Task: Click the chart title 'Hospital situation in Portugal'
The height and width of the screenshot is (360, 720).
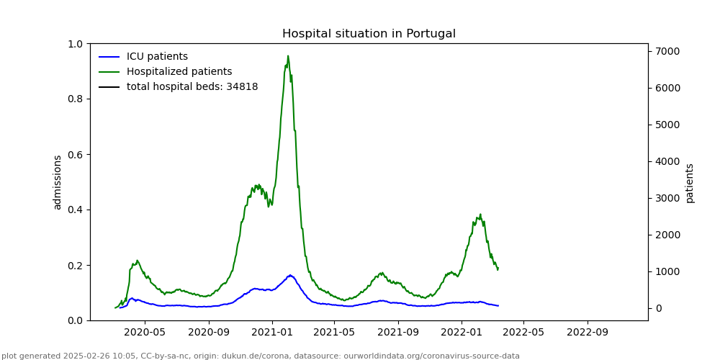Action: click(x=369, y=34)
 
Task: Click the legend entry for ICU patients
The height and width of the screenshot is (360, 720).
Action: click(x=157, y=57)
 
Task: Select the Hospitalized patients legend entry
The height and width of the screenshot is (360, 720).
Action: click(x=179, y=72)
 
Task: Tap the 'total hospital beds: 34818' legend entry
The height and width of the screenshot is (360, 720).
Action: click(x=192, y=87)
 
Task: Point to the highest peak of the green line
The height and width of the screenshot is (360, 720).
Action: click(x=288, y=56)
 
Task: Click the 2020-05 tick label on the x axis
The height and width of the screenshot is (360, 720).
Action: click(x=145, y=333)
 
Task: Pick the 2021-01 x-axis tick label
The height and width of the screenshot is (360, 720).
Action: click(x=272, y=333)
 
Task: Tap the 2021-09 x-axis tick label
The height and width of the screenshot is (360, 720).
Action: click(x=398, y=333)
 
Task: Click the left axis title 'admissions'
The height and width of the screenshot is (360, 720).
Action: click(x=58, y=182)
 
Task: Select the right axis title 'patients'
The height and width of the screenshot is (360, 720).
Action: click(x=690, y=183)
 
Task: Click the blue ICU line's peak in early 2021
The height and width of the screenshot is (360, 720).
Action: click(x=290, y=275)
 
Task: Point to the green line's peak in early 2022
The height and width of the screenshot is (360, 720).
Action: click(x=480, y=215)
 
